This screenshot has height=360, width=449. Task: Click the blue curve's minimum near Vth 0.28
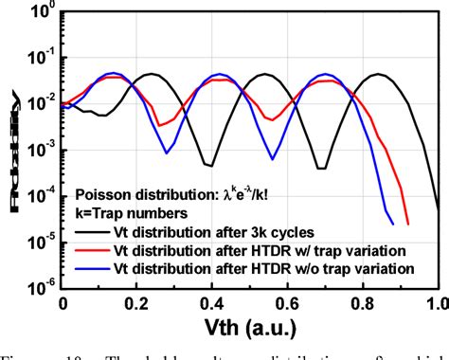167,153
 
